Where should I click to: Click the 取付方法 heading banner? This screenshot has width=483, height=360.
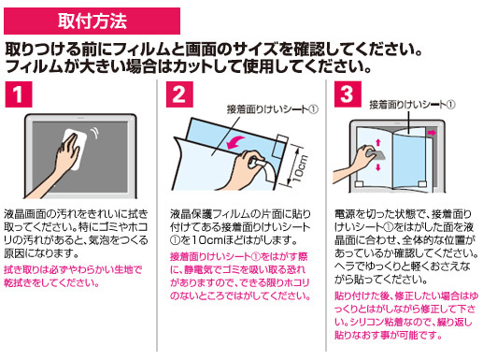tap(92, 21)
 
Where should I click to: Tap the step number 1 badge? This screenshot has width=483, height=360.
tap(19, 94)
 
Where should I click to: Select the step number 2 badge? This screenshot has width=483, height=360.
tap(179, 94)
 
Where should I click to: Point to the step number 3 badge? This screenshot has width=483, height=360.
tap(348, 94)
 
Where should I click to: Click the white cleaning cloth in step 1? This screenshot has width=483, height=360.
tap(76, 149)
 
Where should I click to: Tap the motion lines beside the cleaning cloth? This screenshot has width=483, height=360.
tap(93, 133)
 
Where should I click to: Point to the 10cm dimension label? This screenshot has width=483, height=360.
tap(301, 168)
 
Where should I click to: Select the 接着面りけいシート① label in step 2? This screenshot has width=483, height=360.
tap(272, 109)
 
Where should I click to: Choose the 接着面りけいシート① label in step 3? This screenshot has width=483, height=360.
tap(412, 105)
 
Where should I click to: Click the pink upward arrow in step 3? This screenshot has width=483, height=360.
tap(378, 143)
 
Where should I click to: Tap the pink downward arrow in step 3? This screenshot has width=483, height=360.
tap(378, 167)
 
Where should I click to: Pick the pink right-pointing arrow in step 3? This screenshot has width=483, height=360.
tap(432, 133)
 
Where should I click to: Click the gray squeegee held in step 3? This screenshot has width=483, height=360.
tap(376, 154)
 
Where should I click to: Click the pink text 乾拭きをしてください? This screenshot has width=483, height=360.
tap(51, 282)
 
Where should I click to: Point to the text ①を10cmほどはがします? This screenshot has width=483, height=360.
tap(234, 240)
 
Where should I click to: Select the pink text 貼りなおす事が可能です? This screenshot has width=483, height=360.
tap(389, 335)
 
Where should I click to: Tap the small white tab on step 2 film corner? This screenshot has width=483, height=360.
tap(279, 146)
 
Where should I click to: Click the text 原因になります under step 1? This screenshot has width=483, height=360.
tap(41, 253)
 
